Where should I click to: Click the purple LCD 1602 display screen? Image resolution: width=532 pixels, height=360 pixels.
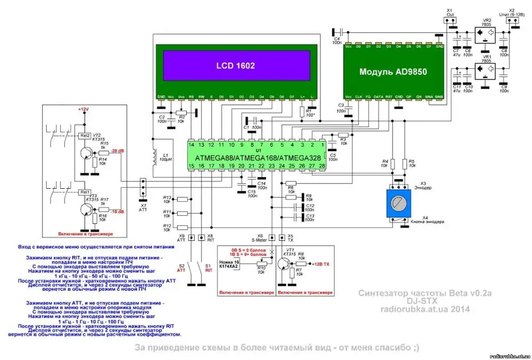[235, 66]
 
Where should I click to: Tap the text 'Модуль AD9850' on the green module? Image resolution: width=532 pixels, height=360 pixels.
[393, 71]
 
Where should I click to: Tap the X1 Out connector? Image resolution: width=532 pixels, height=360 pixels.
[450, 21]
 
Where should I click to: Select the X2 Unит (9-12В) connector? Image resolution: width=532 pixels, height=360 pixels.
[513, 21]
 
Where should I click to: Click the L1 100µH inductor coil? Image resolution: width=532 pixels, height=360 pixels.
[155, 158]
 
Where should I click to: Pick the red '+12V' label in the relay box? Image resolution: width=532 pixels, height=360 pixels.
[83, 109]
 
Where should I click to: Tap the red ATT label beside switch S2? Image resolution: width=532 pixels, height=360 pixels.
[180, 270]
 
